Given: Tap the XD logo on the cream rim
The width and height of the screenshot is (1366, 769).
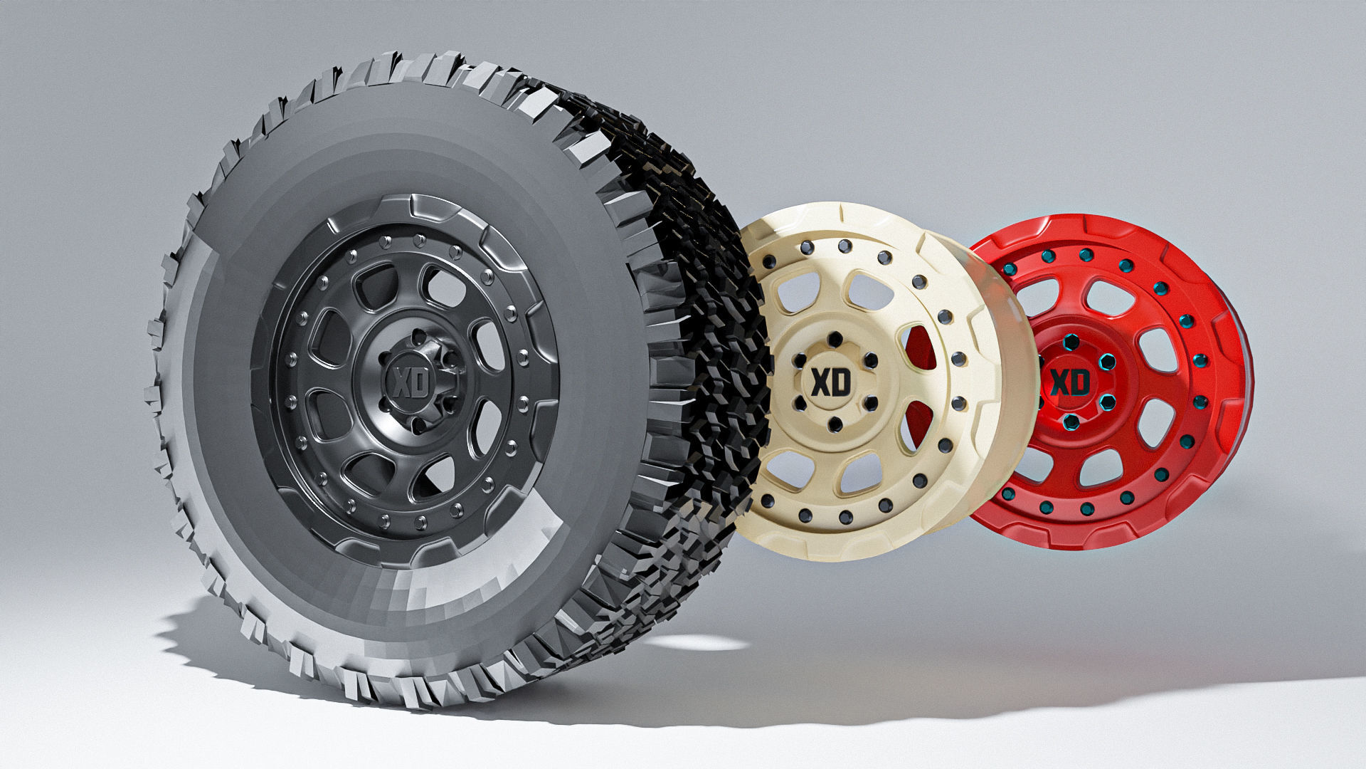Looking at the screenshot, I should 831,382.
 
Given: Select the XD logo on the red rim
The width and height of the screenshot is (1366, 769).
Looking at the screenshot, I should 1069,382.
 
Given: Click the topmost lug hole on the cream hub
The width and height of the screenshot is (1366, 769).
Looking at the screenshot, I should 835,338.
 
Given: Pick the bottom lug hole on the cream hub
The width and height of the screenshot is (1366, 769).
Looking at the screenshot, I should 835,426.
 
